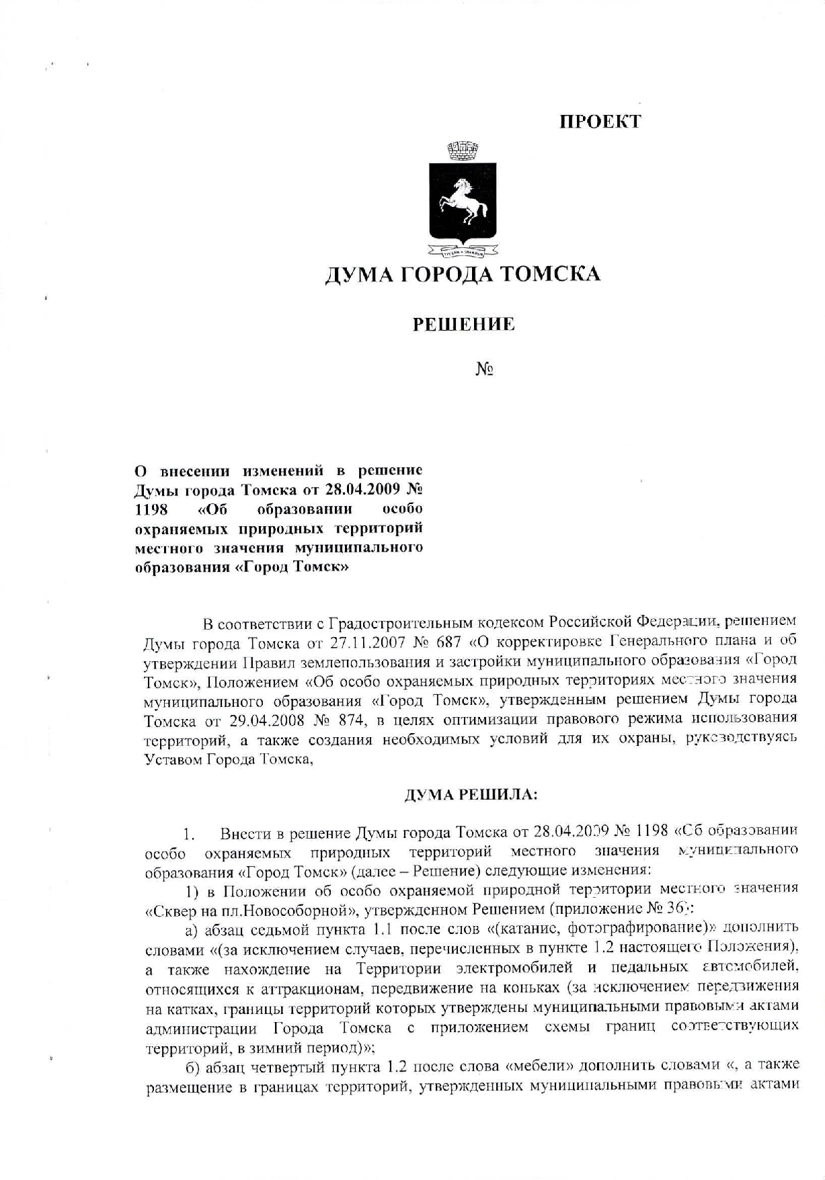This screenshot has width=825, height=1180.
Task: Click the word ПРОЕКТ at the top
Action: (x=600, y=122)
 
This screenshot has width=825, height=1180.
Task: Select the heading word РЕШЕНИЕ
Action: (x=463, y=325)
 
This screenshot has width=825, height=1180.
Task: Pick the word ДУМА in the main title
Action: (x=357, y=275)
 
